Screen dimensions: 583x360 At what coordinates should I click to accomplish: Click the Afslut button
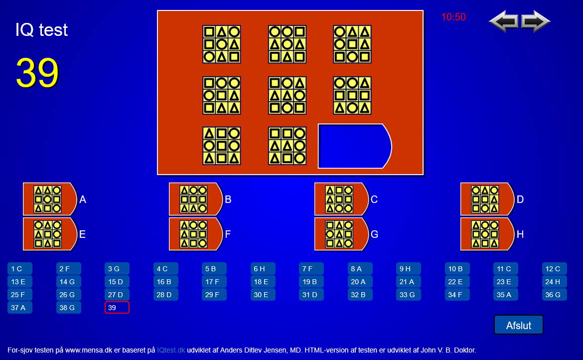coord(518,325)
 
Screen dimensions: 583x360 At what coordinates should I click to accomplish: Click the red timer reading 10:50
coord(453,17)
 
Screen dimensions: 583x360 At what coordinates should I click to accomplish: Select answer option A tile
coord(49,199)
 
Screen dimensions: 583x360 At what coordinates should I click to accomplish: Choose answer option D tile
coord(487,199)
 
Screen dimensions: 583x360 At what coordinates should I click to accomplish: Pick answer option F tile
coord(195,234)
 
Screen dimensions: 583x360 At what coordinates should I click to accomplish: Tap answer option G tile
coord(341,234)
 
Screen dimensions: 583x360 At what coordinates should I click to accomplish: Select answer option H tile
coord(487,234)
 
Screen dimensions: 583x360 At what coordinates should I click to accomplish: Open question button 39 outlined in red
coord(117,308)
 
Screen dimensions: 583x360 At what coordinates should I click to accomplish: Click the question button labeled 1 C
coord(20,269)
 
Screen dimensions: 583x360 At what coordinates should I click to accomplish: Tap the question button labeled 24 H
coord(555,282)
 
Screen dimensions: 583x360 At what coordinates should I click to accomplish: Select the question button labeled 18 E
coord(263,282)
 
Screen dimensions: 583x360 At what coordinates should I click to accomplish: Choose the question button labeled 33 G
coord(408,295)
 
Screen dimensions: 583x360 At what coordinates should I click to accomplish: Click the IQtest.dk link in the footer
coord(171,350)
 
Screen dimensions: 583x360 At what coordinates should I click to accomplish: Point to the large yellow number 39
coord(37,73)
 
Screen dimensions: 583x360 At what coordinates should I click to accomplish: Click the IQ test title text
coord(42,30)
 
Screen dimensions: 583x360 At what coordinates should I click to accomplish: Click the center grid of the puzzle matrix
coord(287,95)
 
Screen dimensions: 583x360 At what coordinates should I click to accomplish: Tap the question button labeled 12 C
coord(555,269)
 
